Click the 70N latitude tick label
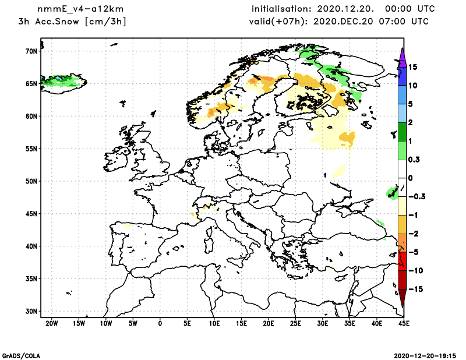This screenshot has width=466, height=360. click(x=30, y=51)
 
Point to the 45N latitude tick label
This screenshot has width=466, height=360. click(x=30, y=214)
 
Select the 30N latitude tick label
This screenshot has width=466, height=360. click(x=30, y=311)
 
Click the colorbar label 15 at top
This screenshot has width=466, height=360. click(x=412, y=67)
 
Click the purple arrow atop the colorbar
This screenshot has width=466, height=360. click(x=402, y=57)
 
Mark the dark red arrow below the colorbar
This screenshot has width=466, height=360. click(x=402, y=299)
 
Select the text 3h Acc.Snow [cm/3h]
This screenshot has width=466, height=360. click(x=73, y=22)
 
